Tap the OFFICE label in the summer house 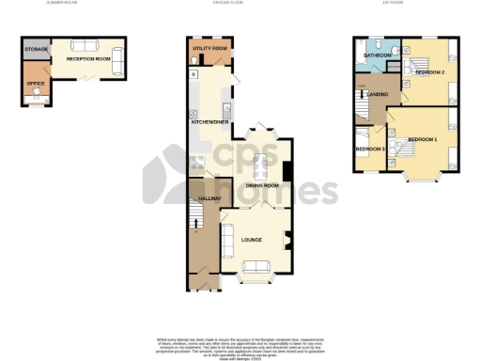point(37,84)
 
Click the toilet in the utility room point(194,60)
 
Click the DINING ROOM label point(263,186)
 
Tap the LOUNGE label point(251,241)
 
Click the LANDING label point(379,94)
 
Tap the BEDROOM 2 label point(429,71)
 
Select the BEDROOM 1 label point(425,140)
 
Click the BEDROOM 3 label point(369,149)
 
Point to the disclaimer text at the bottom point(240,344)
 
